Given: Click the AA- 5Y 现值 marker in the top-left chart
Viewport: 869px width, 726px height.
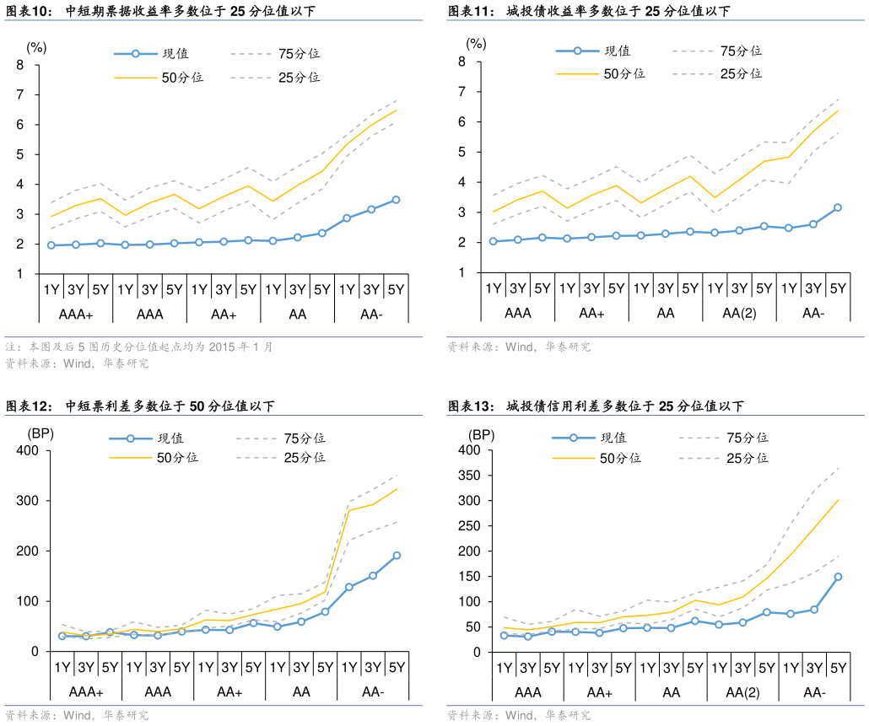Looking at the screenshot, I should (396, 200).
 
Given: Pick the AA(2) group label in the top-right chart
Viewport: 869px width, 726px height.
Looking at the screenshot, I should (739, 314).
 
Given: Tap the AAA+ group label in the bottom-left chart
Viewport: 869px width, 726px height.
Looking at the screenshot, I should (85, 692).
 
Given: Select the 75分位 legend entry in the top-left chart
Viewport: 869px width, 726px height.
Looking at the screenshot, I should (299, 54).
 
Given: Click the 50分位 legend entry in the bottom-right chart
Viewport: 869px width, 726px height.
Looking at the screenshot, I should (620, 458).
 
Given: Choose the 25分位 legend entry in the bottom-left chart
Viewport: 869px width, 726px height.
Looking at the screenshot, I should (304, 458).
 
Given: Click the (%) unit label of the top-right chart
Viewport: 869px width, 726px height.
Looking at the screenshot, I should (477, 43).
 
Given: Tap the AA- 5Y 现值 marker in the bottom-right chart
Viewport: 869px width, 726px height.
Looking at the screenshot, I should (839, 577).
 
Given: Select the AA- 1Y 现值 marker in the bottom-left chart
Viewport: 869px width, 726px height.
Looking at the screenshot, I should (348, 587).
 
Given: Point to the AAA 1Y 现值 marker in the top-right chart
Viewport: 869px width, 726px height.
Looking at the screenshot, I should (494, 241).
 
